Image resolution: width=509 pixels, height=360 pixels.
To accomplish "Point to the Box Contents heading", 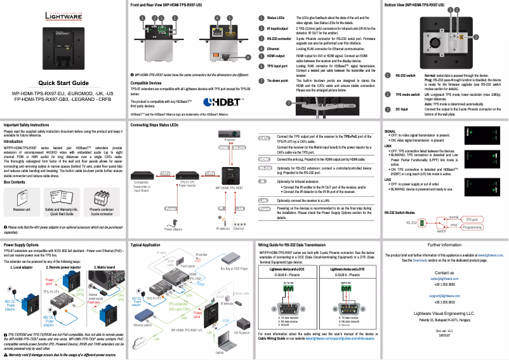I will [15, 182].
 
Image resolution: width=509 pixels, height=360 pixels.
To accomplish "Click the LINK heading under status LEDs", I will [389, 145].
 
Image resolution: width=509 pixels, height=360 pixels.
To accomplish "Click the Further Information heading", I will [449, 244].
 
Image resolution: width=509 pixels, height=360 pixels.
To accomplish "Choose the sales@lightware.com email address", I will [449, 278].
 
